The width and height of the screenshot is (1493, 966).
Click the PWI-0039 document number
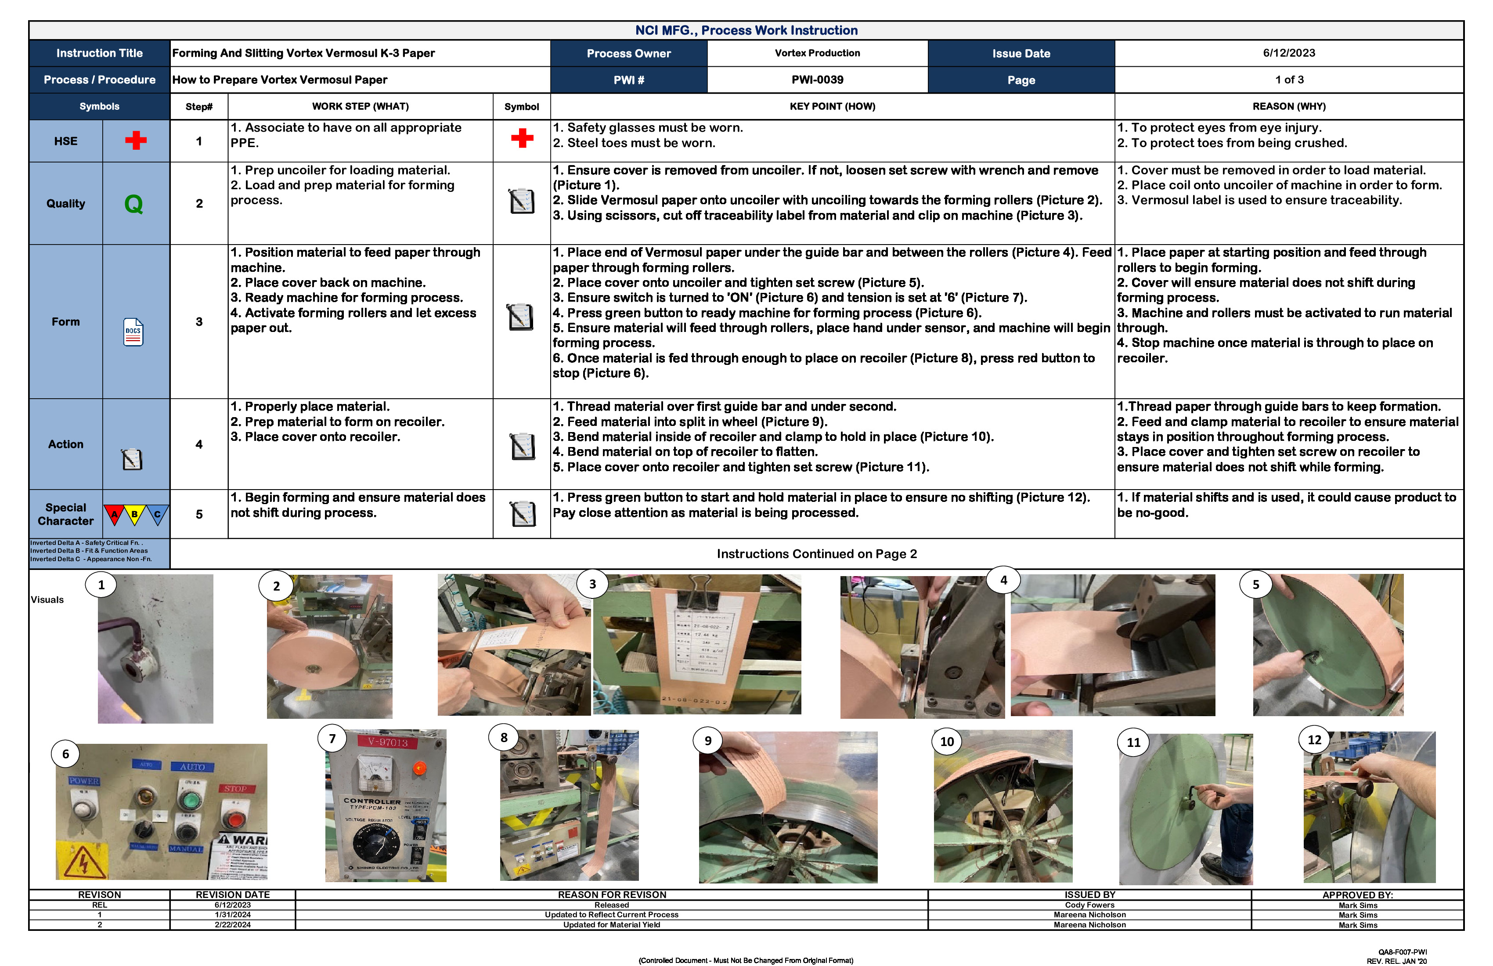click(817, 79)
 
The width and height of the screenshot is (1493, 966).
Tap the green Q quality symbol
click(133, 204)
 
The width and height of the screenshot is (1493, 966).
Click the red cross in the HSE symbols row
click(136, 141)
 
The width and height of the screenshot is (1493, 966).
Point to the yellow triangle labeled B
click(134, 514)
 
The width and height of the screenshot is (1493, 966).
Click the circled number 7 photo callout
click(332, 738)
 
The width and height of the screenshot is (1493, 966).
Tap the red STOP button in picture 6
click(234, 818)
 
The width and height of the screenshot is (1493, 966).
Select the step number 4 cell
click(199, 444)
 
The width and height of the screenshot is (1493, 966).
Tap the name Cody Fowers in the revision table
click(1089, 905)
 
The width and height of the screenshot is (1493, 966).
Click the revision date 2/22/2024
click(232, 925)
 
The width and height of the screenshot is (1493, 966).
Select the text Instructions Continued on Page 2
click(816, 554)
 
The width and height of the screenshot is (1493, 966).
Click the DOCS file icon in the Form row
click(133, 332)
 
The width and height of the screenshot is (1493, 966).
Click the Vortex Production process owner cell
click(817, 53)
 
